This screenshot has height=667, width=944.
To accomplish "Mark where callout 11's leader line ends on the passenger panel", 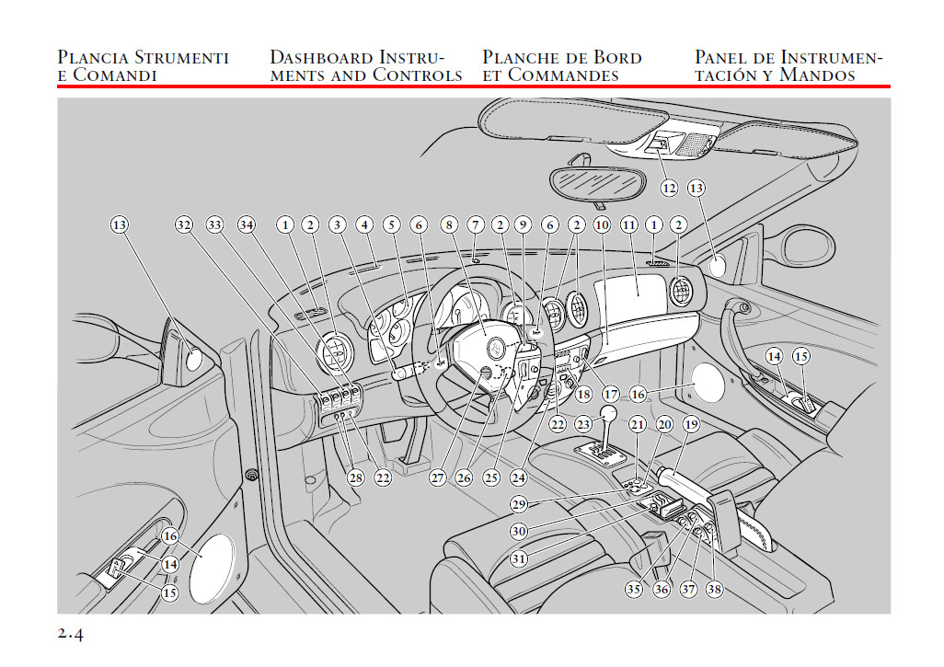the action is coord(638,295).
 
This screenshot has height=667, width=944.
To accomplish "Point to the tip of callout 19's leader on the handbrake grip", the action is coord(673,470).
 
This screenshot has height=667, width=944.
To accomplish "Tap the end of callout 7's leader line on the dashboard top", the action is coord(476,259).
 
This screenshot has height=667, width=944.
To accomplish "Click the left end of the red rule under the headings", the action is coord(58,86).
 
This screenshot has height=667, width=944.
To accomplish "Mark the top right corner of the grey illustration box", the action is coord(891,98).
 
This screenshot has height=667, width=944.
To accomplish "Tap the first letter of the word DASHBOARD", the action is coord(277,57).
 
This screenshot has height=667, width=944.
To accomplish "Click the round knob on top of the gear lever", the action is coord(609,414).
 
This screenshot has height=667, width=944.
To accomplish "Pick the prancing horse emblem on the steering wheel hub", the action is coord(496,348).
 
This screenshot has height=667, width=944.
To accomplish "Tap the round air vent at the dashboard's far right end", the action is coord(682,292).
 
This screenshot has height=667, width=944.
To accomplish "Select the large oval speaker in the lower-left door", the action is coord(211,569).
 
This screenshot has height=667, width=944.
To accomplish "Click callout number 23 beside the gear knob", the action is coord(582,424).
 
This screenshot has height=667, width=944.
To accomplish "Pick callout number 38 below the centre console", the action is coord(714,589).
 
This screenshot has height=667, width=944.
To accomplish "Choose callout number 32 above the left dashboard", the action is coord(184,225).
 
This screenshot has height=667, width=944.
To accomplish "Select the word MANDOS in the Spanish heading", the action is coord(817,75).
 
